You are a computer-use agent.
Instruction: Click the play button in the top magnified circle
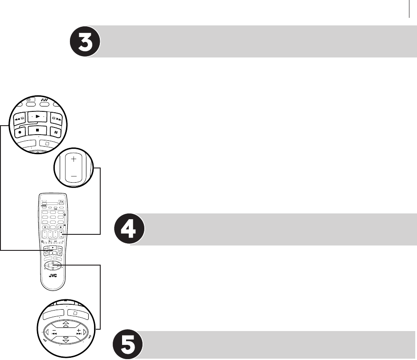point(38,117)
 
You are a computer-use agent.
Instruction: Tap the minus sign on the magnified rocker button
point(74,176)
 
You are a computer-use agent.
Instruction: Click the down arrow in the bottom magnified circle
point(66,340)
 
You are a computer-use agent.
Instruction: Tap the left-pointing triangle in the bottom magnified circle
point(47,332)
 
